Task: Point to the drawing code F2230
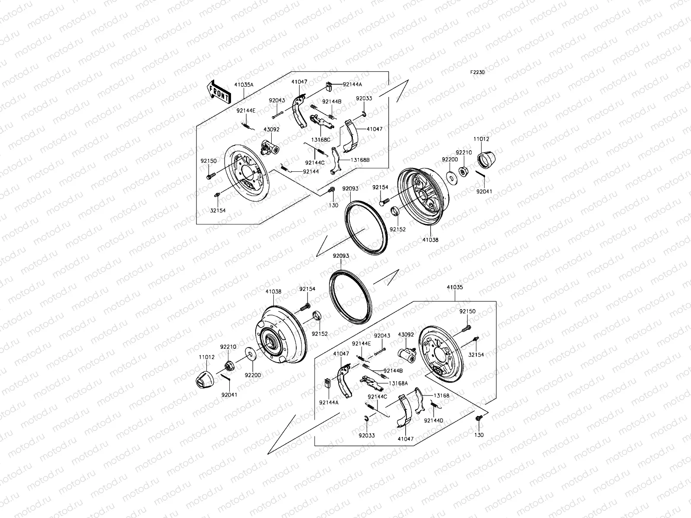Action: (x=477, y=73)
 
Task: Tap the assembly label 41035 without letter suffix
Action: (x=454, y=287)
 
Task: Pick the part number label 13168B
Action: (x=360, y=160)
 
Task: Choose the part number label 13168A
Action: (x=396, y=383)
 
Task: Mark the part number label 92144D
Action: (x=433, y=420)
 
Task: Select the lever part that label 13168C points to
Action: (x=321, y=122)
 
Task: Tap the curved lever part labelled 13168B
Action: (x=337, y=160)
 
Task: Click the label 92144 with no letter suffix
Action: (x=311, y=171)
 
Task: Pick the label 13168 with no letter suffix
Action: (x=442, y=395)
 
